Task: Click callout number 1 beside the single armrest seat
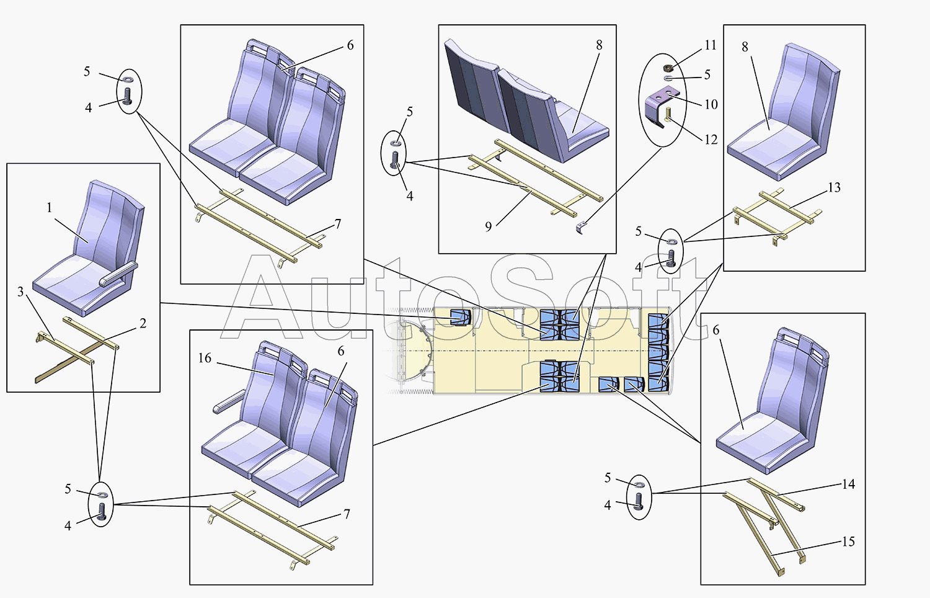coord(50,208)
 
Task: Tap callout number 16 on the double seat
coord(205,358)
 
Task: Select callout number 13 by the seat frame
coord(834,187)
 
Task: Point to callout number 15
coord(848,542)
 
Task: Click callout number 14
coord(848,484)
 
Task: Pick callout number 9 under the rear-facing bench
coord(489,226)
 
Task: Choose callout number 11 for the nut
coord(711,45)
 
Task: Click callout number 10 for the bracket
coord(711,104)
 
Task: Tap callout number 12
coord(711,140)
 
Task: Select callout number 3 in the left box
coord(20,292)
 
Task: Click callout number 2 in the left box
coord(143,323)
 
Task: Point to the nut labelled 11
coord(669,67)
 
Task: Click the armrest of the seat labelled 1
coord(118,274)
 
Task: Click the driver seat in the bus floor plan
coord(460,317)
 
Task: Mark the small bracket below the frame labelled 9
coord(580,228)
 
